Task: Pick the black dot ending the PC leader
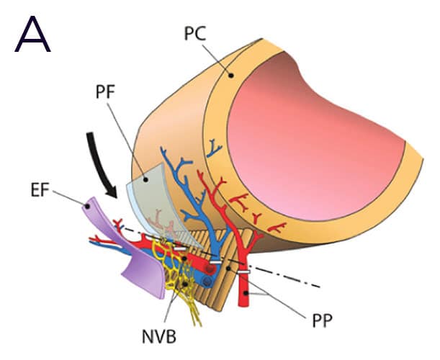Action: pos(230,72)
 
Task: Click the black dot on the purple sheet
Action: pos(88,206)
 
